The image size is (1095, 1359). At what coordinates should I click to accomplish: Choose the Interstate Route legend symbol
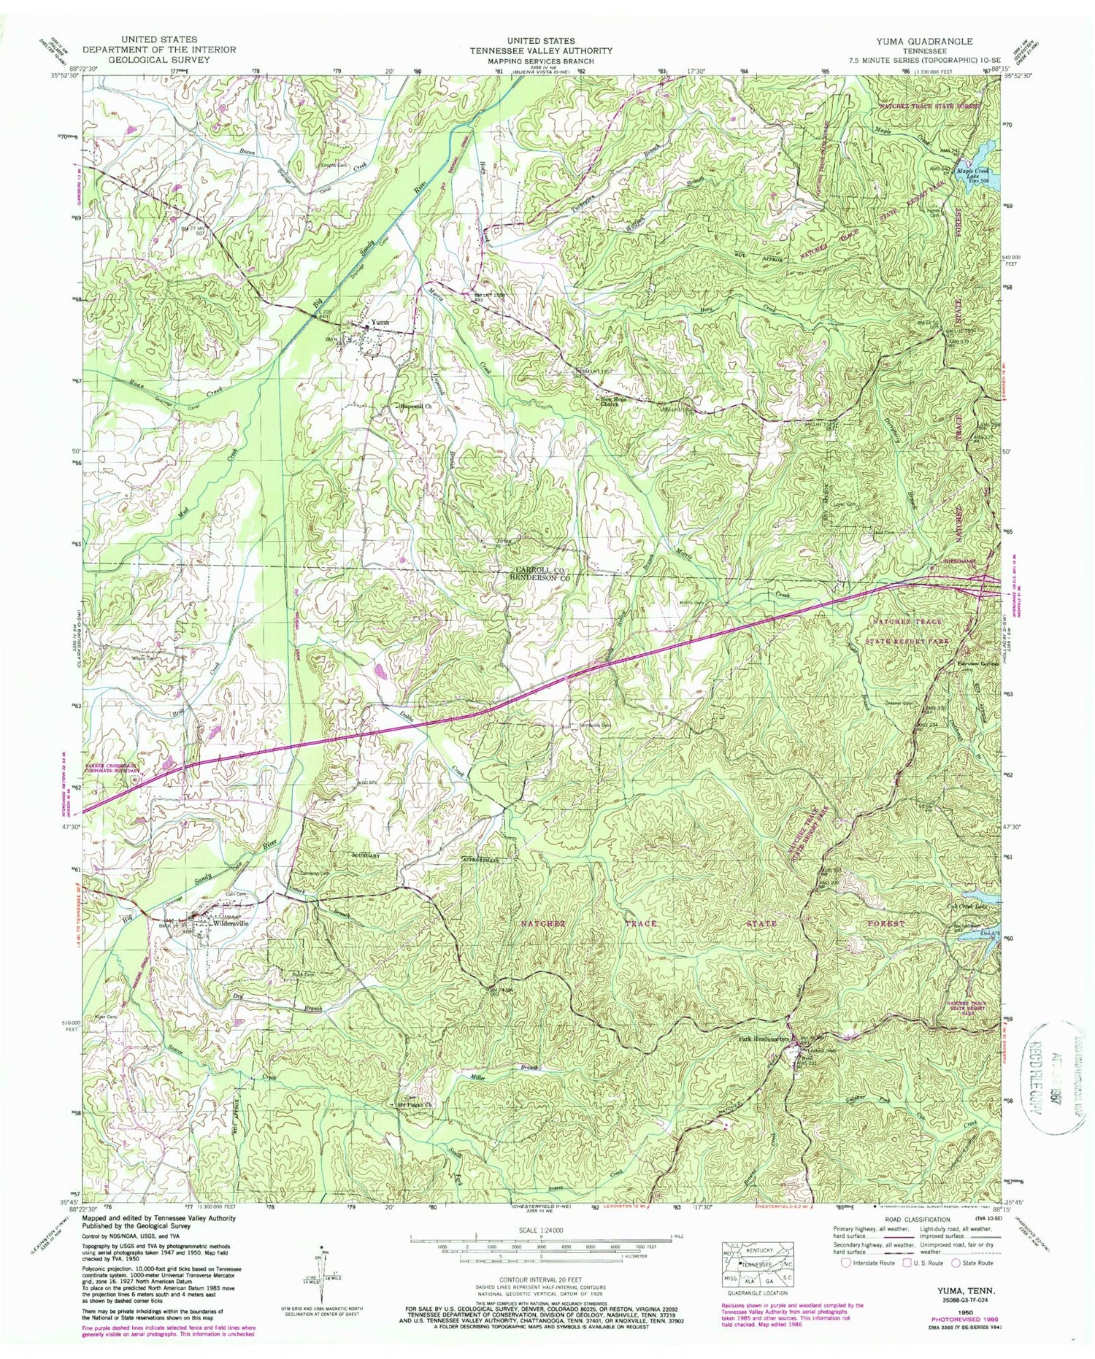click(x=845, y=1263)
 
